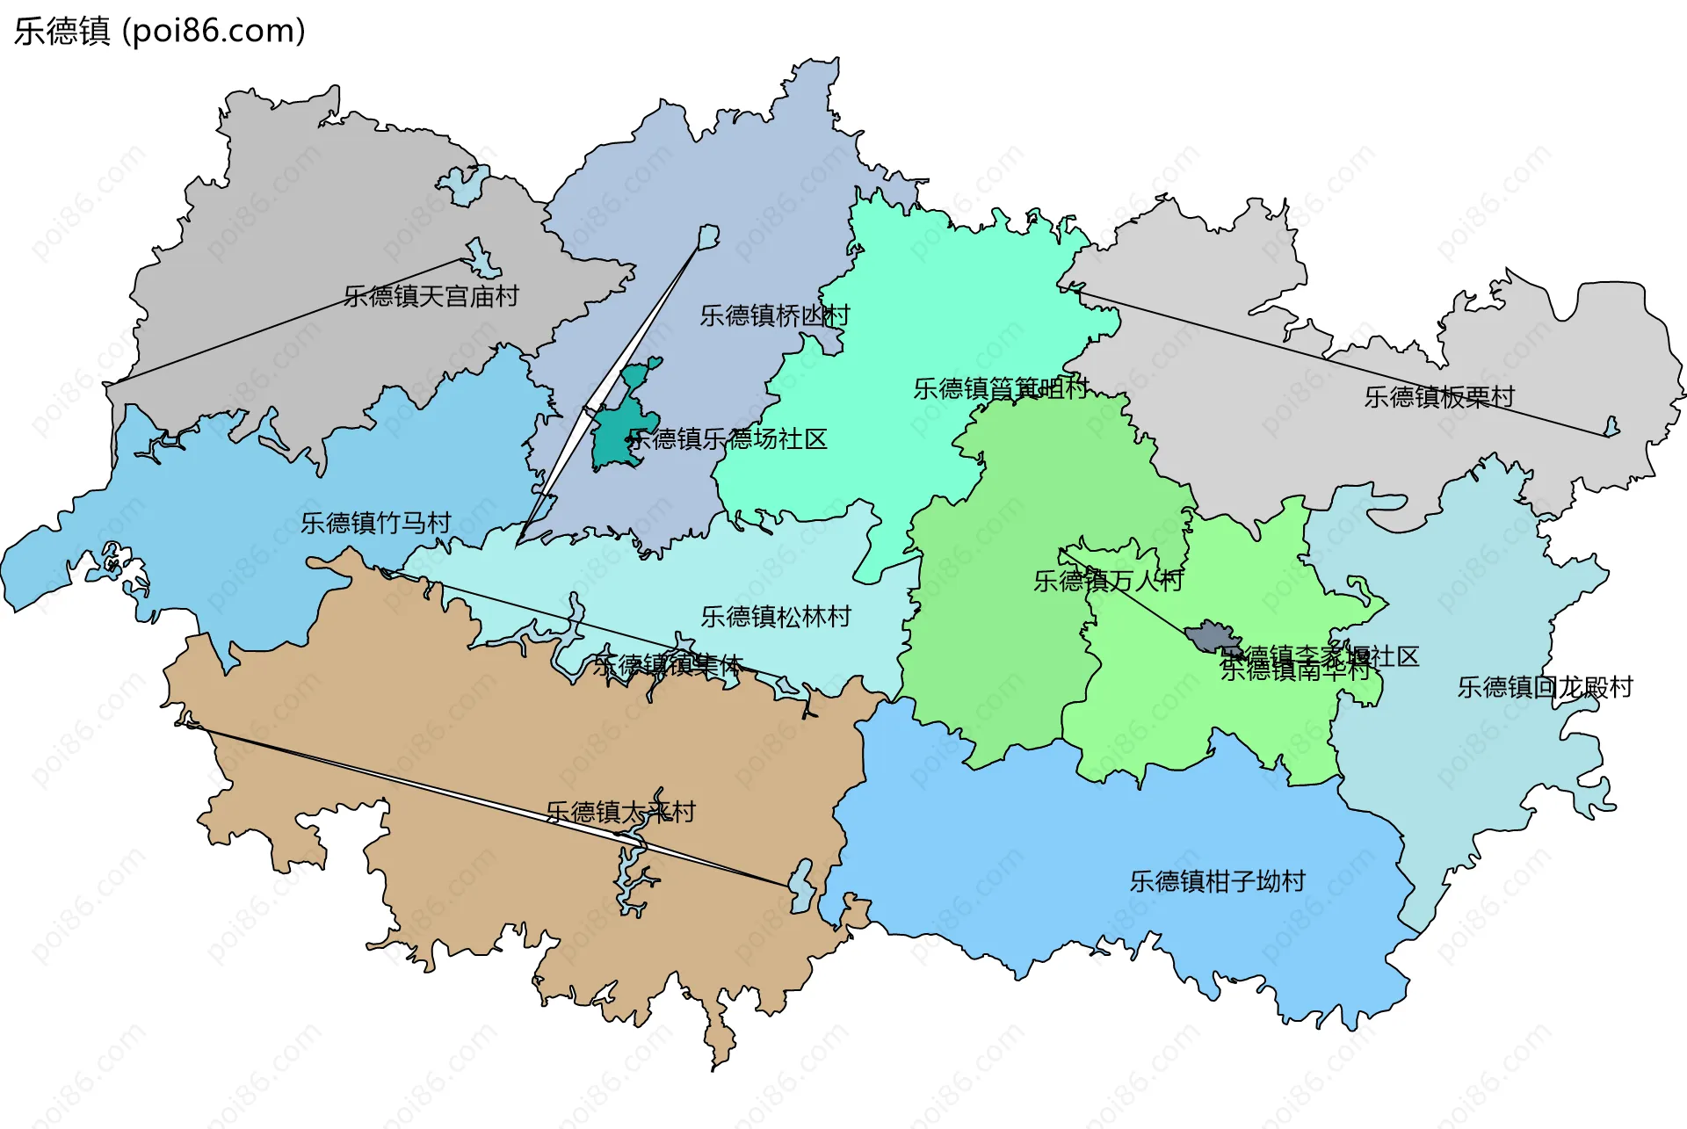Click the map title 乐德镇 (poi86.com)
159,31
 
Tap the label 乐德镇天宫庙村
431,296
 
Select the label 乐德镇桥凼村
774,315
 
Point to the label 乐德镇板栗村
1439,397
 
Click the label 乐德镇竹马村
375,523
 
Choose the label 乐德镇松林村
775,617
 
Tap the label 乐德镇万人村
1108,581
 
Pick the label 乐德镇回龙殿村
1545,687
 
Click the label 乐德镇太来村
620,812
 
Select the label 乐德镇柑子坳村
1217,881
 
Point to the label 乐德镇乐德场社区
728,438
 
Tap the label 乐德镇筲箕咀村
1001,388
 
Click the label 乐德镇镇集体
668,665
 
